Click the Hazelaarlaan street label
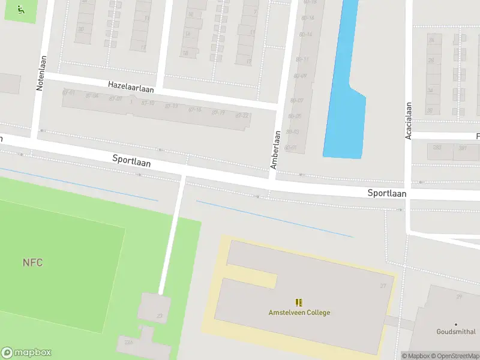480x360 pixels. point(131,86)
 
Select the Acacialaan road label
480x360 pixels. point(408,120)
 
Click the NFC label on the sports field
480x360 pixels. point(32,262)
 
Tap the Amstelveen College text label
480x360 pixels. point(299,313)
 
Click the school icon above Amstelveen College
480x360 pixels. point(299,302)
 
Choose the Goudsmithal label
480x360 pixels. point(455,332)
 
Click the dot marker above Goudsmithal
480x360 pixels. point(455,324)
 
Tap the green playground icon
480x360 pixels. point(21,9)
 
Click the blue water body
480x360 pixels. point(345,90)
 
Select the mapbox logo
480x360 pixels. point(26,353)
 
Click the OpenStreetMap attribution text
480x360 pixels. point(457,356)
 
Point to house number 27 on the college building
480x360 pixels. point(383,286)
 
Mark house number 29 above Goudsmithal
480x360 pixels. point(459,296)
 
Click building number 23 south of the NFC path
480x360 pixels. point(160,316)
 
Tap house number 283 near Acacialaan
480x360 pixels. point(437,148)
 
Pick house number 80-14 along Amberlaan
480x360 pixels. point(305,34)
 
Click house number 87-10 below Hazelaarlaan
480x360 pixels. point(148,103)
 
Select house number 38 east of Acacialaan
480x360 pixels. point(430,110)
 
